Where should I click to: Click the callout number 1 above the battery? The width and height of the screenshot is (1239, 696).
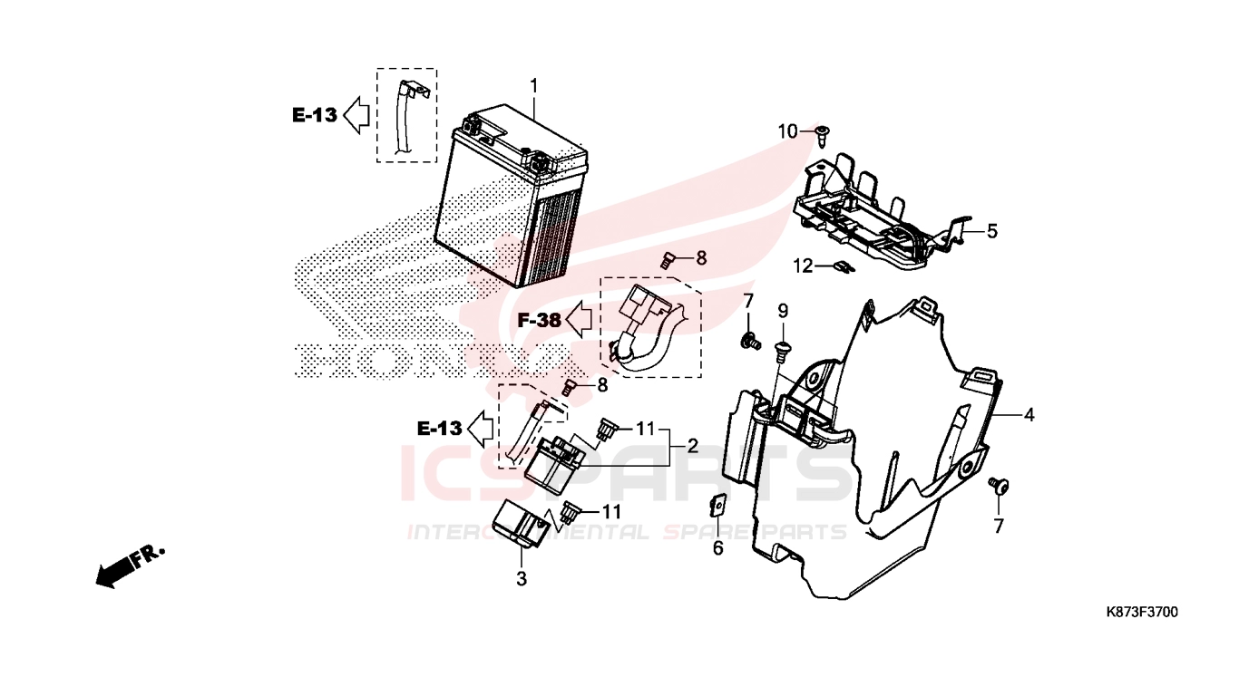click(533, 86)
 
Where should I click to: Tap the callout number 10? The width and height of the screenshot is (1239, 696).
click(787, 132)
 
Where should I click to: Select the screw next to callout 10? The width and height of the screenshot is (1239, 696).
click(823, 136)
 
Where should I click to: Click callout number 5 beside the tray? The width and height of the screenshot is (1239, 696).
click(991, 231)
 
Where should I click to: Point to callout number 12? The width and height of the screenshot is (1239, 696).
click(803, 266)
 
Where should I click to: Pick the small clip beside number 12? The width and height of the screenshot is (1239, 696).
click(844, 267)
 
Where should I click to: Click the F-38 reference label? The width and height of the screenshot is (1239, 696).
click(539, 320)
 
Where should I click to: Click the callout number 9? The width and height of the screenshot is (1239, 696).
click(783, 312)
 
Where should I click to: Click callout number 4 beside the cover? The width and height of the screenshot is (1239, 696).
click(1029, 415)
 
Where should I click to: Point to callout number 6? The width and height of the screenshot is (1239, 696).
click(718, 548)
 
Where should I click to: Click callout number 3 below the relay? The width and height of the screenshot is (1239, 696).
click(521, 579)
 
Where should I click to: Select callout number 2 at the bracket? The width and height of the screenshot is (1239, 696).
click(692, 446)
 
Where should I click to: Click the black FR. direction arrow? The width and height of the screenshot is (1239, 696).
click(131, 566)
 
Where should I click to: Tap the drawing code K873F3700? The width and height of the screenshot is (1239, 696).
click(1142, 612)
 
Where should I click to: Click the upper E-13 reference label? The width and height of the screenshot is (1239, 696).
click(315, 115)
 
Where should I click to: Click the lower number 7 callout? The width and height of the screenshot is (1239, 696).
click(999, 526)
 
